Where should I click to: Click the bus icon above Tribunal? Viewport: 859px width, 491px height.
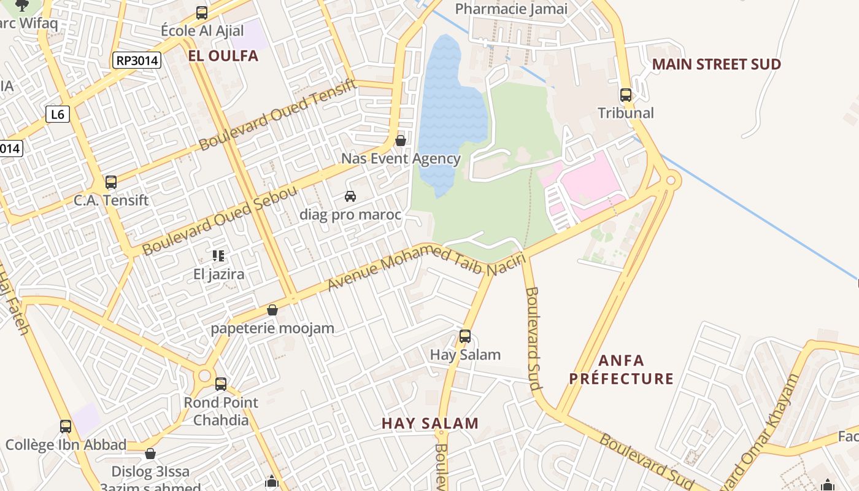tap(626, 95)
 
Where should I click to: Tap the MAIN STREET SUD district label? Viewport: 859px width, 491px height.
tap(716, 64)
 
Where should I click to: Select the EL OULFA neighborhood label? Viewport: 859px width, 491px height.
tap(223, 56)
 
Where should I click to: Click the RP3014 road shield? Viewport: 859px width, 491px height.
tap(136, 60)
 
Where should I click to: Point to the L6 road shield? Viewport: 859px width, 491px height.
tap(58, 114)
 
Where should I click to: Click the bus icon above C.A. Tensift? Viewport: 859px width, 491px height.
tap(111, 182)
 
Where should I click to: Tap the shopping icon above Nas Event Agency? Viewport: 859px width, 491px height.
tap(401, 141)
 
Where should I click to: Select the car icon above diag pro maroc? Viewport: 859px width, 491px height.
tap(350, 196)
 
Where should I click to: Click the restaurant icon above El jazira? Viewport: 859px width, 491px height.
tap(218, 255)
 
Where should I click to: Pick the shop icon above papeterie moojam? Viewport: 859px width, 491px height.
tap(272, 310)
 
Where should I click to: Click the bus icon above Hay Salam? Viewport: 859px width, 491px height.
tap(465, 336)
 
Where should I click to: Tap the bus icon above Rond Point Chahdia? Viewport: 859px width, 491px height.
tap(221, 384)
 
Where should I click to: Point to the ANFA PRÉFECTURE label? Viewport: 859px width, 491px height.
tap(621, 369)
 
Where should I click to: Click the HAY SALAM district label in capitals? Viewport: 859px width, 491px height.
tap(429, 423)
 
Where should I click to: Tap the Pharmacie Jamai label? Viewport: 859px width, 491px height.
tap(511, 9)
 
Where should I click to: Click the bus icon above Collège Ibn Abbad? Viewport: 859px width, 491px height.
tap(66, 427)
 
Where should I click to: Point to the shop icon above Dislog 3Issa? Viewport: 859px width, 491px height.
tap(150, 454)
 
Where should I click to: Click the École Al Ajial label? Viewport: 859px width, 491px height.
tap(202, 31)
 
